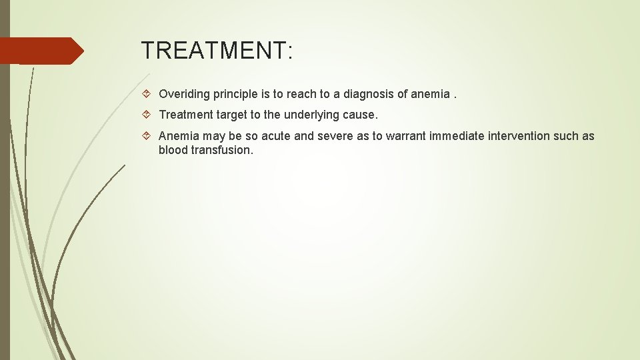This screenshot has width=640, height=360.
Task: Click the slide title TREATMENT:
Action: tap(217, 51)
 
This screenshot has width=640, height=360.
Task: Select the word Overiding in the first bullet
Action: tap(183, 95)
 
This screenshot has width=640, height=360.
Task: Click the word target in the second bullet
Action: tap(231, 115)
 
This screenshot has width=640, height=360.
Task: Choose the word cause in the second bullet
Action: tap(361, 115)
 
